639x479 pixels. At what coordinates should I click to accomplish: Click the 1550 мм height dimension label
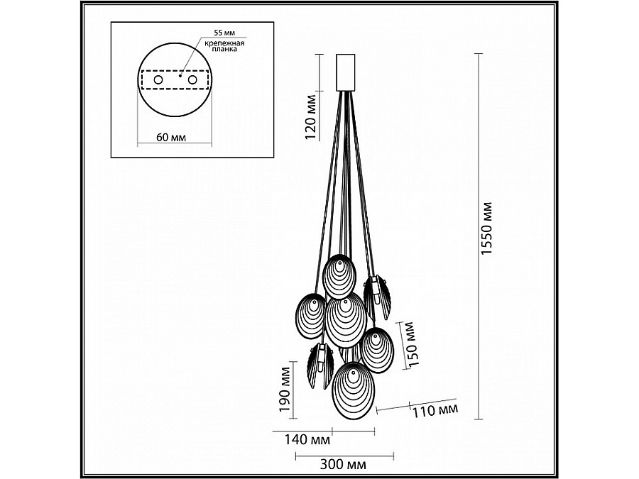487,229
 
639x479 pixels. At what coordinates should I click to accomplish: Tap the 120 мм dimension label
311,117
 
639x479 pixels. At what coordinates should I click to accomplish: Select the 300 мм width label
343,464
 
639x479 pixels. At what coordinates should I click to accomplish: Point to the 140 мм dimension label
307,440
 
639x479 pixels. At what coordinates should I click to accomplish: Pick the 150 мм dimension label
413,344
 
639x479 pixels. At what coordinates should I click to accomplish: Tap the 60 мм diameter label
171,137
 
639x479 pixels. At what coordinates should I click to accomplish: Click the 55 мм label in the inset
224,32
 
